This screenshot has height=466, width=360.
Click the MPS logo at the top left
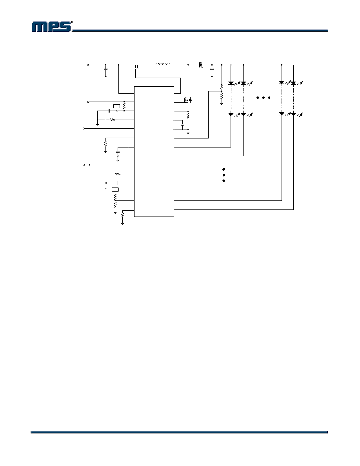[52, 26]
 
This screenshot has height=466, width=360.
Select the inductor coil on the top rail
[163, 64]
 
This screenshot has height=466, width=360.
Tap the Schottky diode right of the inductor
[200, 64]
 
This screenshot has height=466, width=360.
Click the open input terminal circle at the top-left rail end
[87, 65]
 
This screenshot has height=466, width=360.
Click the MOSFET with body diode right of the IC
[188, 100]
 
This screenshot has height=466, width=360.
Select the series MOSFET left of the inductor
[137, 67]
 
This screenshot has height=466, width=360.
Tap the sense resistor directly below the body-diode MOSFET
[188, 115]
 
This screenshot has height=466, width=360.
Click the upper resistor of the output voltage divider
[222, 87]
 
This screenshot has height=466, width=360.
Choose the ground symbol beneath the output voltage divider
[222, 104]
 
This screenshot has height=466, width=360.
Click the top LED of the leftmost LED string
[231, 83]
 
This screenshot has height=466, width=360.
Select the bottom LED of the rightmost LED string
[293, 114]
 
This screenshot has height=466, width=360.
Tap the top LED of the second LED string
[243, 83]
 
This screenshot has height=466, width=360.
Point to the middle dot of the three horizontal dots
[263, 98]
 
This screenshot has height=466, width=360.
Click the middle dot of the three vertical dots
[224, 175]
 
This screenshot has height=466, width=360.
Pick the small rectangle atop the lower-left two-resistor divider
[115, 189]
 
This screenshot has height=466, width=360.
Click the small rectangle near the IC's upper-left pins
[117, 106]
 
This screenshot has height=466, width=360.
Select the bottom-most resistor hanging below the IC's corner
[122, 217]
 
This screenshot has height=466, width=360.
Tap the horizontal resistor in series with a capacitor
[113, 120]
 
